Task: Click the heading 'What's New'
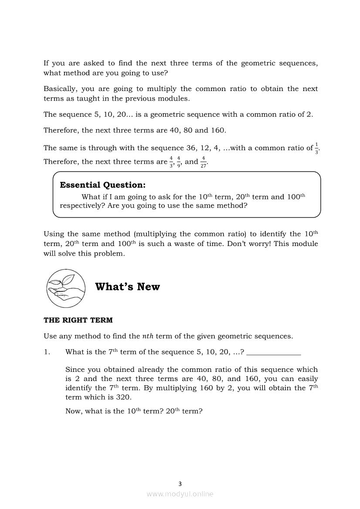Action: [x=127, y=287]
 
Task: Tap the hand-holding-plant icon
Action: [x=66, y=288]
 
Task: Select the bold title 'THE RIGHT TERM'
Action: [x=78, y=320]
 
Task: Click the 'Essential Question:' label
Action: [x=102, y=185]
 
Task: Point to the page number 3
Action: [x=180, y=483]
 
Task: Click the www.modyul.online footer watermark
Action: [x=180, y=494]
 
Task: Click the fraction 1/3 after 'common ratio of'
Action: [x=316, y=148]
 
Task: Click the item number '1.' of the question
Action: [x=47, y=352]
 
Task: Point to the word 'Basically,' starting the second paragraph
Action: [x=61, y=89]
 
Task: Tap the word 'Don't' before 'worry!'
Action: [x=238, y=244]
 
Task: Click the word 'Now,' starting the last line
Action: [x=74, y=411]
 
